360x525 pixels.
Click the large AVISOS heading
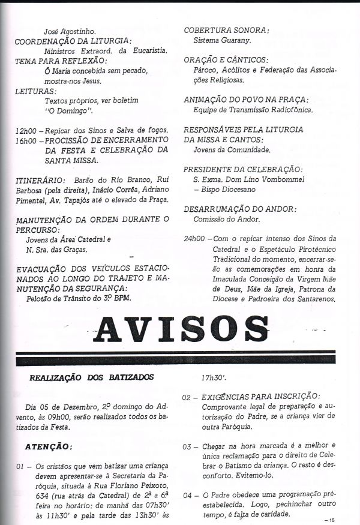180,329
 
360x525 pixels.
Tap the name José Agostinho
70,31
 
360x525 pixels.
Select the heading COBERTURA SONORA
226,30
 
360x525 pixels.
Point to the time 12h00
26,130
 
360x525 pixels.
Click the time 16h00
26,140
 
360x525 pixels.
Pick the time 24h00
194,238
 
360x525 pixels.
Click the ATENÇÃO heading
57,446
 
